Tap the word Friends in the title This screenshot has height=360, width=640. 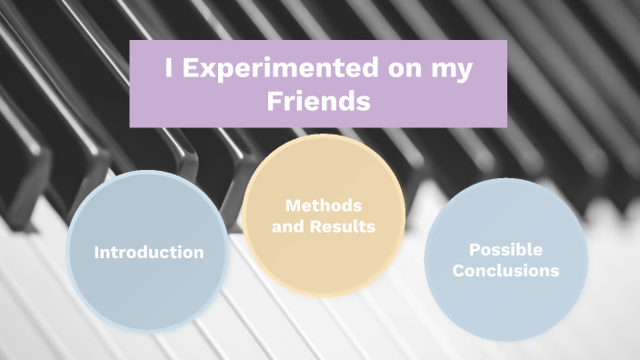[x=318, y=102]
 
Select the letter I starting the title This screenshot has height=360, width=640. [x=170, y=70]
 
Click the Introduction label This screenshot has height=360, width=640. [x=149, y=252]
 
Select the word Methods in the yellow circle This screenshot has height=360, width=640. [x=324, y=206]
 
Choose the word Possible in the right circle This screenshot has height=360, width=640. [x=505, y=249]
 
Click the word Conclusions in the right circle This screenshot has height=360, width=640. [x=505, y=270]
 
